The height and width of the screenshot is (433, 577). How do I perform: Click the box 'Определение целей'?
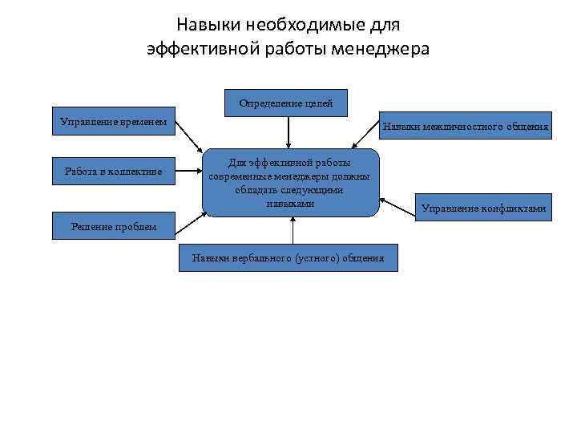point(287,103)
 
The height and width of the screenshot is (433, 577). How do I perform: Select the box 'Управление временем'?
point(113,122)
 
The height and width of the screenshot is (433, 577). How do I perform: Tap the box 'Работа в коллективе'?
point(113,171)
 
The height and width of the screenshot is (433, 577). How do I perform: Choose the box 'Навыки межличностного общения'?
point(466,126)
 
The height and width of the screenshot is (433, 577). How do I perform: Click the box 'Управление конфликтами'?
point(483,208)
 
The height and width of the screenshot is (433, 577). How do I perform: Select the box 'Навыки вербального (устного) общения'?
point(287,257)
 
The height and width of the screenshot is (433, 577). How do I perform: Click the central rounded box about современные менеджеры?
point(288,183)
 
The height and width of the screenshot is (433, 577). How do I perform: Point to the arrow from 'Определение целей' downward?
point(288,132)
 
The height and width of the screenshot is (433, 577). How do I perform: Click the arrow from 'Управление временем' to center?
point(189,136)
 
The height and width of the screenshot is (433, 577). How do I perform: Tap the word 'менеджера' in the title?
point(388,48)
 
